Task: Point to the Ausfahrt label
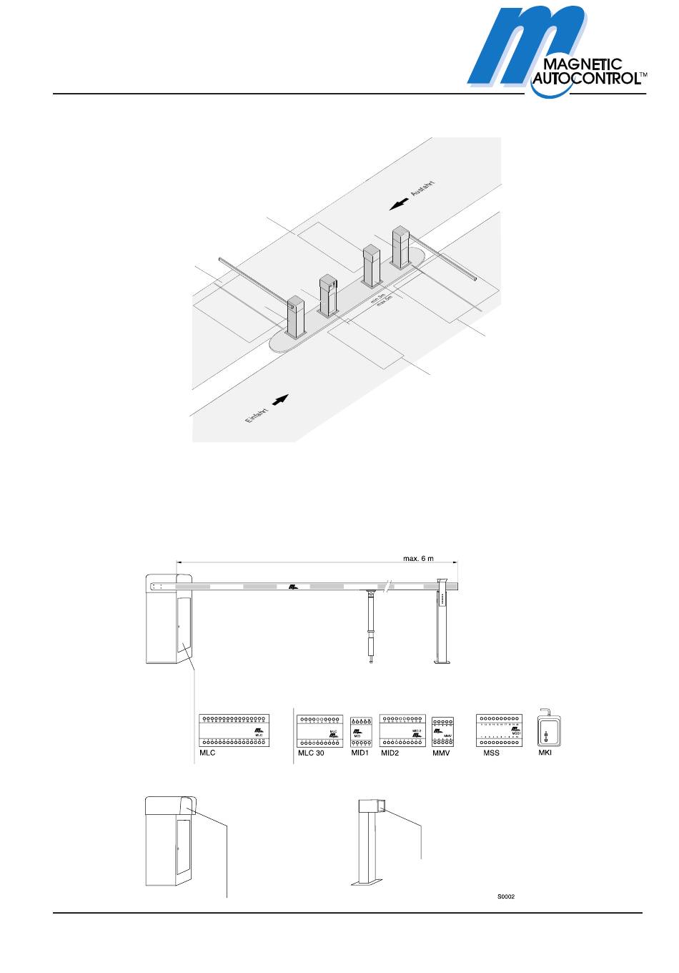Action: pyautogui.click(x=423, y=183)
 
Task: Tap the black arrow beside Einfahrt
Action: pyautogui.click(x=282, y=399)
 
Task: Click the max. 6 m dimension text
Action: pyautogui.click(x=418, y=559)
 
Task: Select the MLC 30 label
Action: pyautogui.click(x=311, y=753)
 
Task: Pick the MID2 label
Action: pyautogui.click(x=390, y=753)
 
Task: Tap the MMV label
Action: pyautogui.click(x=442, y=753)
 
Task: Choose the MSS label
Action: pyautogui.click(x=492, y=753)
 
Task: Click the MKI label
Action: pyautogui.click(x=545, y=753)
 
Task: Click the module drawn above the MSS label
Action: pyautogui.click(x=500, y=730)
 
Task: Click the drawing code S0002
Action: pyautogui.click(x=506, y=896)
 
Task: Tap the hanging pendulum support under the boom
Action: pyautogui.click(x=371, y=626)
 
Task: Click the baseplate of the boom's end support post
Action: pyautogui.click(x=442, y=663)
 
